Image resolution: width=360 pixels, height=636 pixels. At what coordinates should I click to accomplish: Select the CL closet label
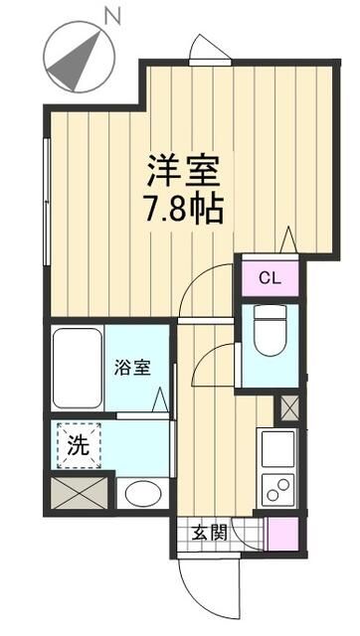(x=270, y=277)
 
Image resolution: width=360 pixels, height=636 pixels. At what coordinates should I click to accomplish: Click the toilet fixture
(x=270, y=333)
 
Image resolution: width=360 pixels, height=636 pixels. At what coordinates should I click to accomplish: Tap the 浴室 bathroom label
(x=135, y=367)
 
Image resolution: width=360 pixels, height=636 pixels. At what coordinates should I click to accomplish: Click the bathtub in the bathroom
(x=79, y=367)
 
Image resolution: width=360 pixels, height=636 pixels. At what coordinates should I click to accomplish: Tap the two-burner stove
(x=277, y=488)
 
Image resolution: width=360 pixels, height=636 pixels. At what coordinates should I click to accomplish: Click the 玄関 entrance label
(x=209, y=532)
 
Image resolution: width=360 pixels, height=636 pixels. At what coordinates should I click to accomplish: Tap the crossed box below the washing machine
(x=79, y=493)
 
